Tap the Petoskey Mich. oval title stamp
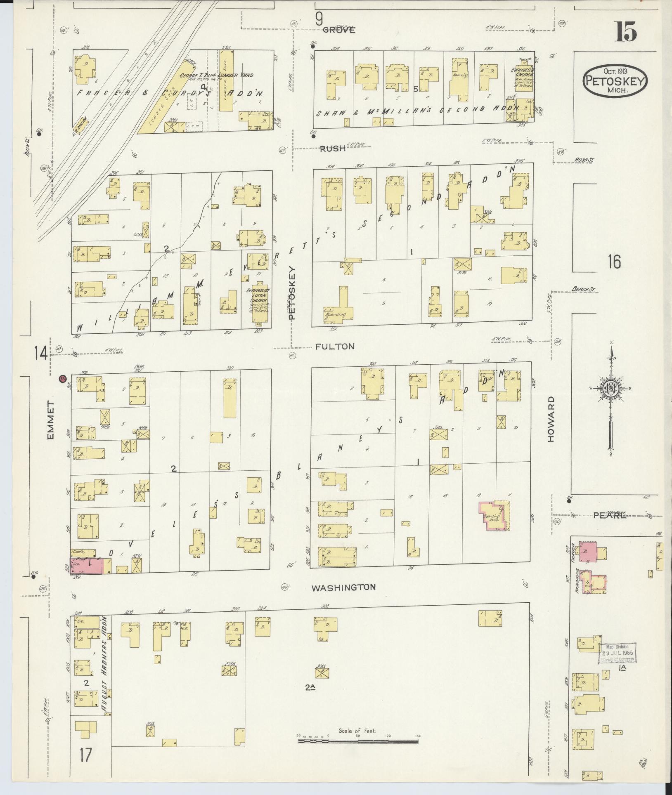[x=615, y=80]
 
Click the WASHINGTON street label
[x=343, y=587]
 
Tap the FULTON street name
[x=334, y=346]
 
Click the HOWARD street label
[x=551, y=419]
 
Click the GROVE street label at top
[x=338, y=30]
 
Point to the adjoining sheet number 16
[x=614, y=262]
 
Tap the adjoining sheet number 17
[x=85, y=755]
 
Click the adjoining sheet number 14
[x=41, y=354]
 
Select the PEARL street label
[x=610, y=515]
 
